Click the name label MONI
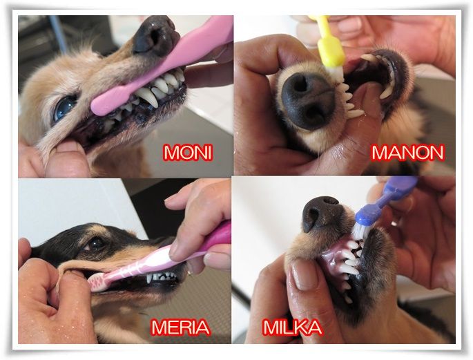point(188,153)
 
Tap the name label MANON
point(408,153)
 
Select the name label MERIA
point(180,328)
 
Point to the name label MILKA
point(293,328)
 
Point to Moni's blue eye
point(65,107)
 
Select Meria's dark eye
point(96,243)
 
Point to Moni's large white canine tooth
point(148,97)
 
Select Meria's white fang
point(148,278)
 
